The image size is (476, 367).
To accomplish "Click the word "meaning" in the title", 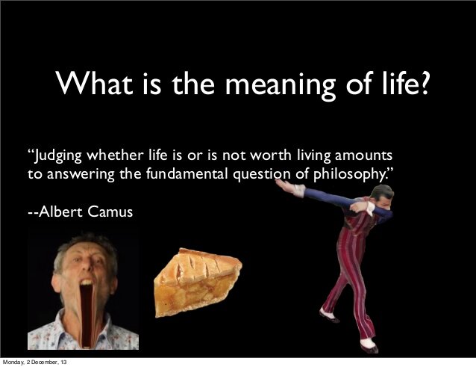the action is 281,85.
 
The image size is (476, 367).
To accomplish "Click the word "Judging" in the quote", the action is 58,156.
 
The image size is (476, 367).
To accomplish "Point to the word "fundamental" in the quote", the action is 187,173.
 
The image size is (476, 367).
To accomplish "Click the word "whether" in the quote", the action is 115,155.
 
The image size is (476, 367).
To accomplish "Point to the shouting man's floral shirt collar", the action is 67,331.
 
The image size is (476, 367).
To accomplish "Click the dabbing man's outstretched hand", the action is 285,185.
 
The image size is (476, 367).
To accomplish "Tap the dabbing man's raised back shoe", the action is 329,316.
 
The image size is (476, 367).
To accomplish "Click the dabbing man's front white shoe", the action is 369,345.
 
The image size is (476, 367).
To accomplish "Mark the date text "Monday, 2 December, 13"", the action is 34,363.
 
